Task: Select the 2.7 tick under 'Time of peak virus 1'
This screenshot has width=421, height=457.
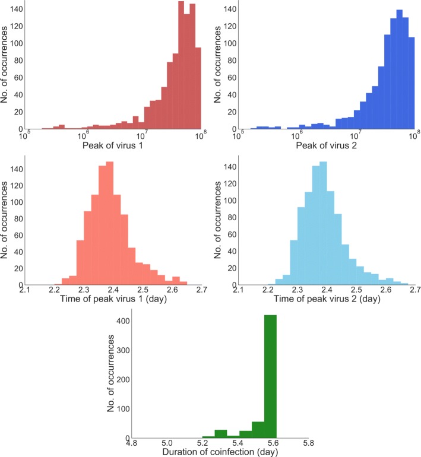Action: coord(201,290)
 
